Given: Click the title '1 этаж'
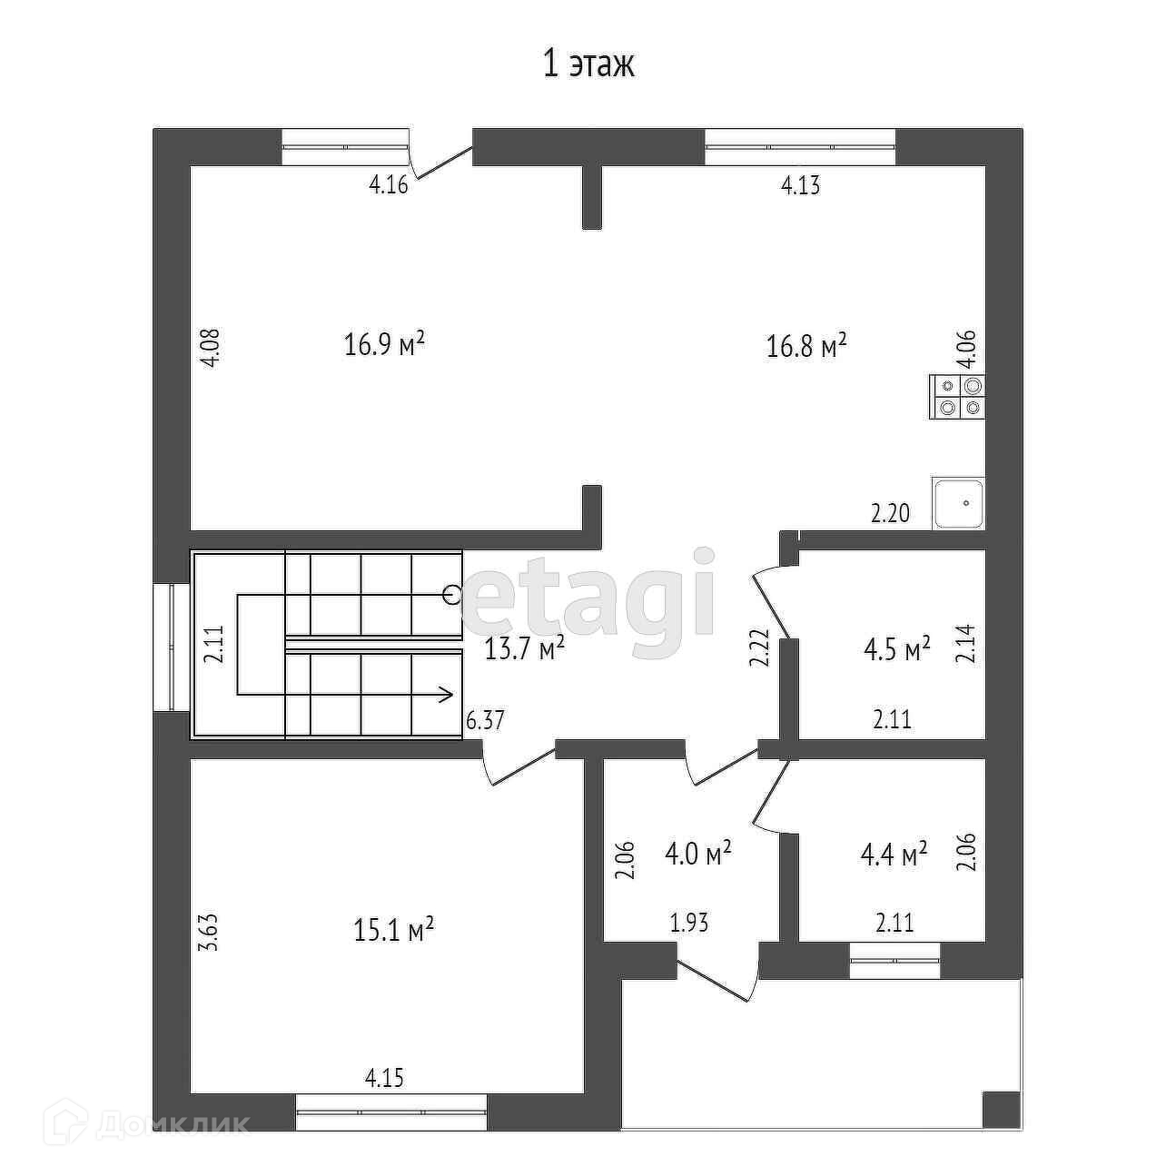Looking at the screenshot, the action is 588,64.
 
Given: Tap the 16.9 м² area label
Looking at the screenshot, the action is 385,345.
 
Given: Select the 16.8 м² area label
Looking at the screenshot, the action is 807,346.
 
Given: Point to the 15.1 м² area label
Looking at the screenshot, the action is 393,930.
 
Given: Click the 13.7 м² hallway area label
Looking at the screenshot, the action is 525,648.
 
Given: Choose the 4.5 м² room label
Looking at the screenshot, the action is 897,650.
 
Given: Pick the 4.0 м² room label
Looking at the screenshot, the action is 698,855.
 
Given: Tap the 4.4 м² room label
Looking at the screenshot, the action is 894,855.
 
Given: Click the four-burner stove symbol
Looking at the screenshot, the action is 958,397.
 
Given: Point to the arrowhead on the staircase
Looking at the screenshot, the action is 446,696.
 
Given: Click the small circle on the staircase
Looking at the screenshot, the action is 452,595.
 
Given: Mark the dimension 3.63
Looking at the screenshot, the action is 210,931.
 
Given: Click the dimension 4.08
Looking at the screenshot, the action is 210,347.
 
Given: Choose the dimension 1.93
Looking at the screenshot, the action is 688,924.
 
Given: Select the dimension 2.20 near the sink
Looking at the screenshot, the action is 889,514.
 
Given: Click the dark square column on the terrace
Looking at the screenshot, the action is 1002,1109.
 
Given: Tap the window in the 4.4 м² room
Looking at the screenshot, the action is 894,961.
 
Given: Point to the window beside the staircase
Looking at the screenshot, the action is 172,646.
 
